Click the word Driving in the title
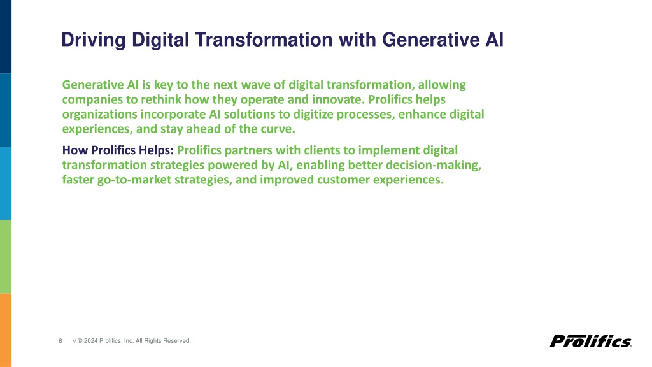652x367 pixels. point(93,41)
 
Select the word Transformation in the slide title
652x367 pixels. point(264,40)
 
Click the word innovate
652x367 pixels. point(338,99)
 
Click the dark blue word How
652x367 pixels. point(75,150)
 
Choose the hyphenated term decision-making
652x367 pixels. point(433,165)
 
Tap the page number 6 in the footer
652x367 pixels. point(60,341)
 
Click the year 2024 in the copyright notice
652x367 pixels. point(90,341)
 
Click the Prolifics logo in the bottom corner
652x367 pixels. point(591,342)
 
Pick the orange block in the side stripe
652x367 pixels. point(6,331)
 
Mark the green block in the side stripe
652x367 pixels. point(6,257)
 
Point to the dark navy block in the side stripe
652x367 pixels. point(6,36)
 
